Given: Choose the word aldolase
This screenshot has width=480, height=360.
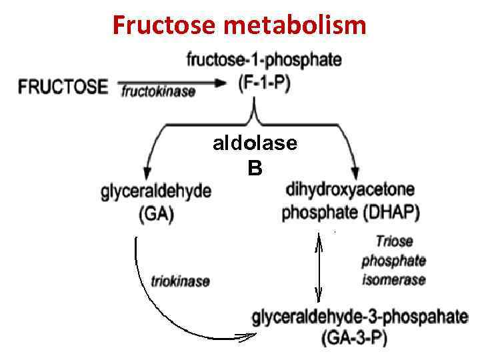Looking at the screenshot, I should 255,143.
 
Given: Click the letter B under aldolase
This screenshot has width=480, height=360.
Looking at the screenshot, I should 255,169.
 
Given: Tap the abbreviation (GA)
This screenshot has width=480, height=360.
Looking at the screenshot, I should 156,214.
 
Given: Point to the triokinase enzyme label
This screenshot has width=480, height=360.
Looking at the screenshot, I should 180,281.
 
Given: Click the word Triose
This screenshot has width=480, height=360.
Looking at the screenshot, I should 394,241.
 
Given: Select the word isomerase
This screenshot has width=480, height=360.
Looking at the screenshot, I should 393,280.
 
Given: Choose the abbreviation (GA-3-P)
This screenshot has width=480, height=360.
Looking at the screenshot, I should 354,337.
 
